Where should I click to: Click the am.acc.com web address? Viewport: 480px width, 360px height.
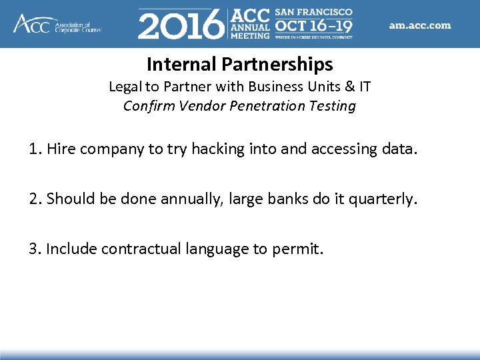tap(420, 25)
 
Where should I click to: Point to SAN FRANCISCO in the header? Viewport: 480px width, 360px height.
tap(313, 13)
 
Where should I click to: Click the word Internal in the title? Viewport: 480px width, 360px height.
tap(181, 65)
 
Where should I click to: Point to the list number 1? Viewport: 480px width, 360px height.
tap(34, 149)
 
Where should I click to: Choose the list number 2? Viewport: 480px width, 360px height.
tap(34, 199)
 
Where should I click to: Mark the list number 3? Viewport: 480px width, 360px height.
tap(34, 249)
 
